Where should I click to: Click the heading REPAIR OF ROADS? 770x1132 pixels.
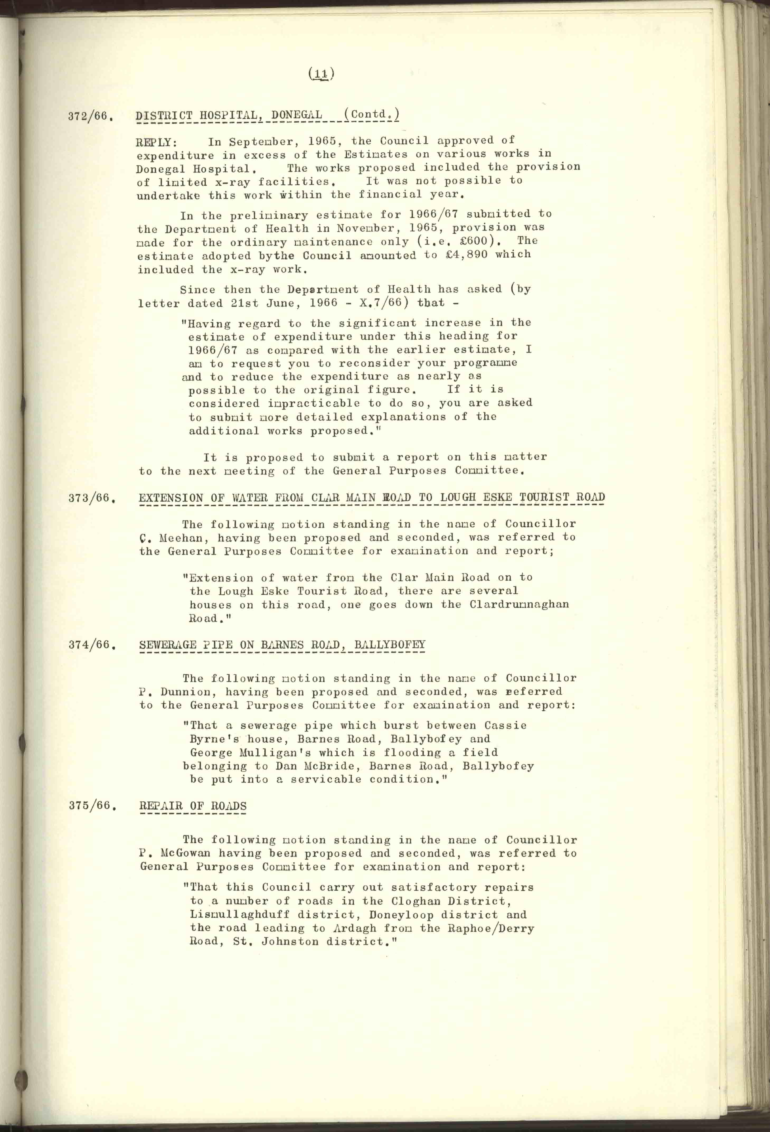tap(193, 806)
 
